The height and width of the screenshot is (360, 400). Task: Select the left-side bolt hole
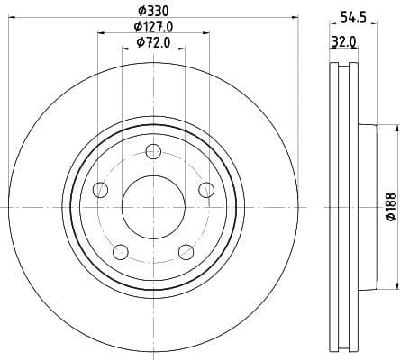coord(100,190)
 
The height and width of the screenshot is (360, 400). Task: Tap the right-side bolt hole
coord(206,189)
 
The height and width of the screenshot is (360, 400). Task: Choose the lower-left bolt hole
coord(120,251)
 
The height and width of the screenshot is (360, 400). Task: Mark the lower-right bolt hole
coord(186,251)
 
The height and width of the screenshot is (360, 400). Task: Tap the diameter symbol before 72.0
coord(140,42)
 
